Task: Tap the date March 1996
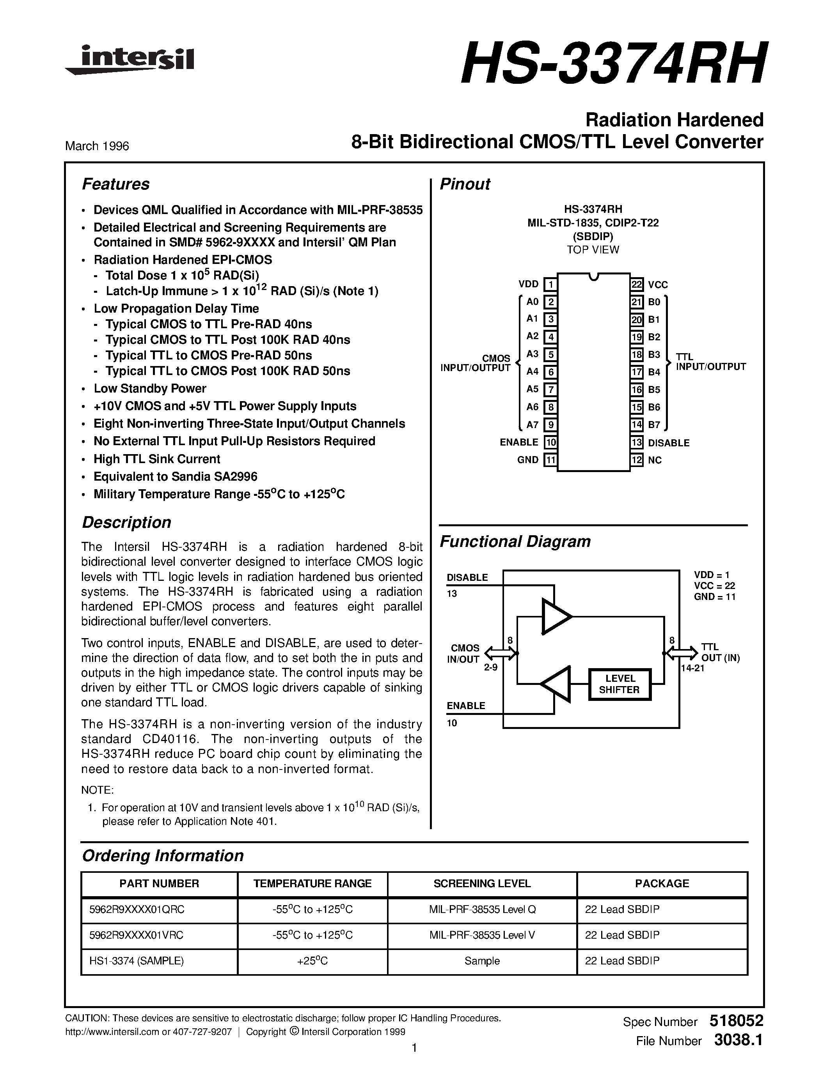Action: tap(97, 146)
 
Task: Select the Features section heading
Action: tap(115, 184)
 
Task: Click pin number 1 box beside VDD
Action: tap(550, 284)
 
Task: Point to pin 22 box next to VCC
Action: tap(637, 284)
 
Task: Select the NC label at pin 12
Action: tap(655, 460)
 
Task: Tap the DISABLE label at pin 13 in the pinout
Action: tap(668, 443)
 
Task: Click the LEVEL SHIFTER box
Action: tap(620, 684)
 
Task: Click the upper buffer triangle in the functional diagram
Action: tap(556, 616)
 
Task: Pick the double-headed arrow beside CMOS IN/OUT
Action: tap(501, 653)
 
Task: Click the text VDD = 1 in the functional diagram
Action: tap(711, 574)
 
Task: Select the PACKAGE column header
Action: tap(662, 883)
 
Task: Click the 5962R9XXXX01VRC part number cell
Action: tap(136, 935)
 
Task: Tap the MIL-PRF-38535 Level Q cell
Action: tap(482, 909)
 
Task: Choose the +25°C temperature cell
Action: tap(312, 961)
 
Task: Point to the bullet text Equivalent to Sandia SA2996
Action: tap(175, 477)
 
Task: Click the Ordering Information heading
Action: tap(163, 856)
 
